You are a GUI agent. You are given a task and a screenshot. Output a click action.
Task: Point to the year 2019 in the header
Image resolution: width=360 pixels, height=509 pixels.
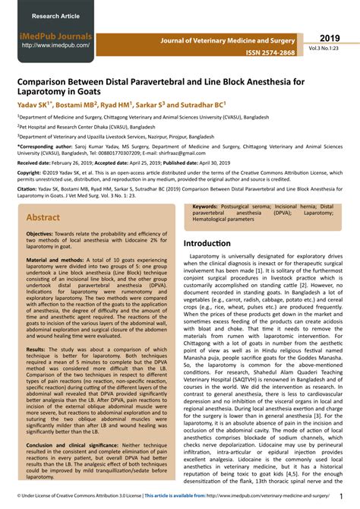tap(330, 37)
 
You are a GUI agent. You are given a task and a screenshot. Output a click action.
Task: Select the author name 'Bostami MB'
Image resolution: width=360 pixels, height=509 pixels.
tap(79, 104)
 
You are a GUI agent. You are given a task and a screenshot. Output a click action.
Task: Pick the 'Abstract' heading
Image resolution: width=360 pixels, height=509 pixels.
tap(43, 217)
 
